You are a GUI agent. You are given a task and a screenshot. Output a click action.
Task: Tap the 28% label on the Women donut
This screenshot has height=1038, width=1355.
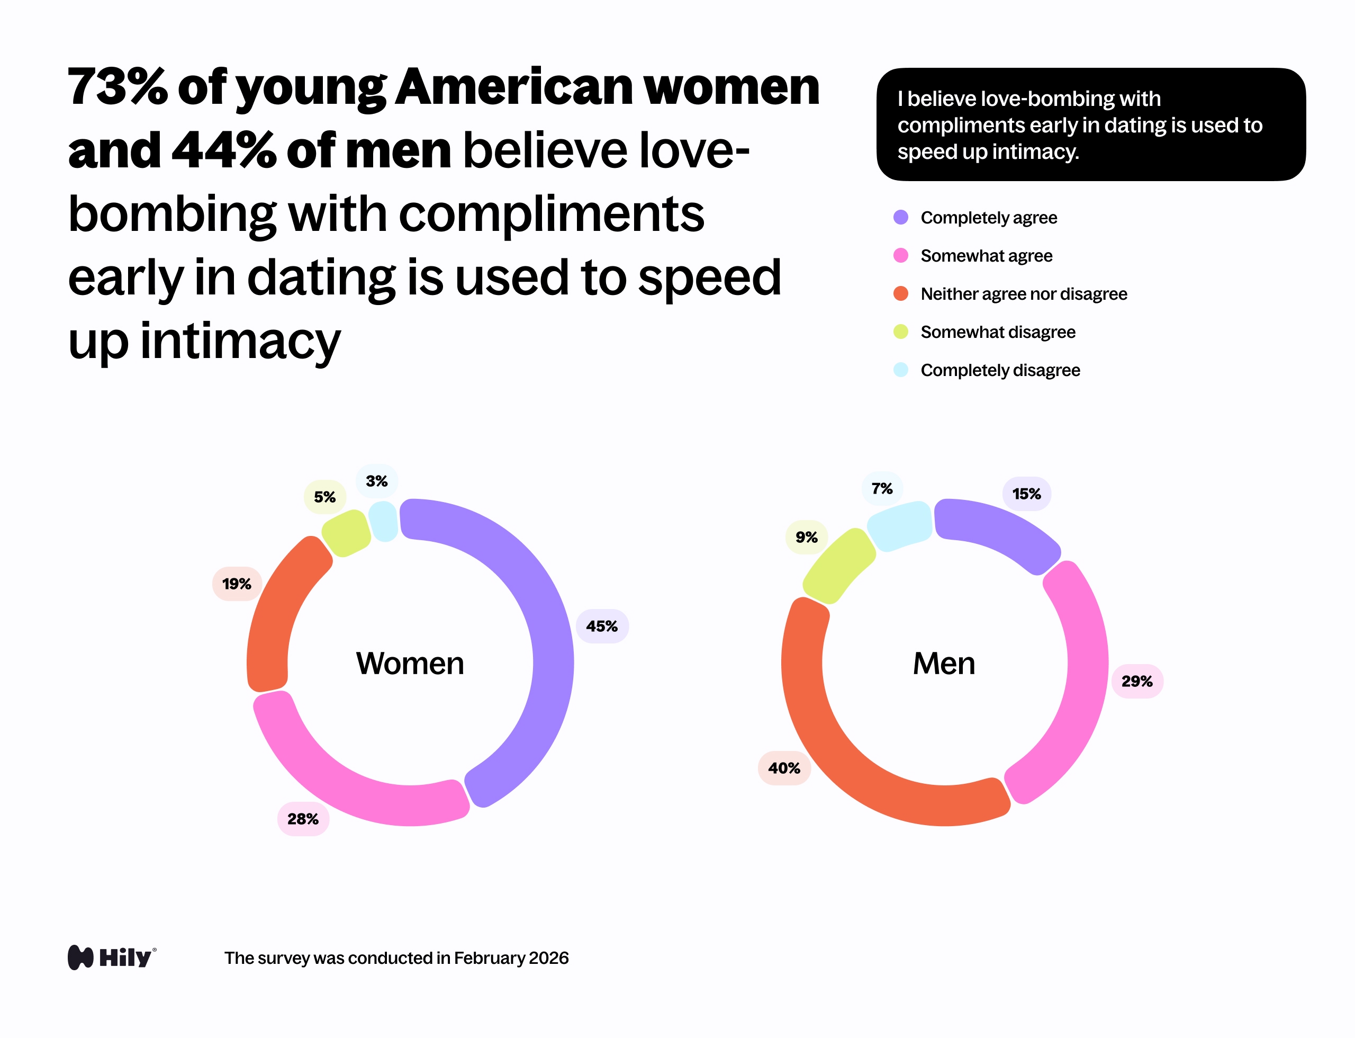click(303, 819)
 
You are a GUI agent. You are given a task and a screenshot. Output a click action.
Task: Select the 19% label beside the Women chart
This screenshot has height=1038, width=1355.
click(237, 583)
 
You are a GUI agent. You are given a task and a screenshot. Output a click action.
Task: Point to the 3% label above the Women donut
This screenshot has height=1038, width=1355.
click(376, 481)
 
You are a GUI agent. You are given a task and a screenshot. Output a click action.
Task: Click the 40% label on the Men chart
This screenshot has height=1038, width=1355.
click(784, 768)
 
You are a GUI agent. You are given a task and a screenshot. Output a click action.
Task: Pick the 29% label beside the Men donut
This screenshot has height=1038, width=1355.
click(1137, 681)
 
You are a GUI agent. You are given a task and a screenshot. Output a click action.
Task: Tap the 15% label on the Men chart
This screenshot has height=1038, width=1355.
click(1026, 494)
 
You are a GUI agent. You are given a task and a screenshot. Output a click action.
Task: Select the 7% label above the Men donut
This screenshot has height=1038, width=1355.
click(882, 489)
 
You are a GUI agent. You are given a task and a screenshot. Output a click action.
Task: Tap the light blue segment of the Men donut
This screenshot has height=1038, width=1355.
click(900, 525)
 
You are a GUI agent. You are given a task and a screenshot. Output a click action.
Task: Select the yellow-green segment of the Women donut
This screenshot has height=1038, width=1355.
click(346, 533)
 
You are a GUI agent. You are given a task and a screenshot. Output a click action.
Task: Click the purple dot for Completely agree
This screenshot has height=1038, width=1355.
click(900, 218)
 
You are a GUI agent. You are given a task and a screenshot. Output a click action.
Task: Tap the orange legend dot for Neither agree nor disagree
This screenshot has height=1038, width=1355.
click(900, 293)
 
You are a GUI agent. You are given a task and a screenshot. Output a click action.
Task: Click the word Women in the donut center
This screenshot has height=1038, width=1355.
click(410, 664)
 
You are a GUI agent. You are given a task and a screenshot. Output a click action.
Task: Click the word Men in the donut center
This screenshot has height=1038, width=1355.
click(944, 664)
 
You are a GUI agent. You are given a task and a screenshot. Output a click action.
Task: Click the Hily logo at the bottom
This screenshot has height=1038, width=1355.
click(112, 957)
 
